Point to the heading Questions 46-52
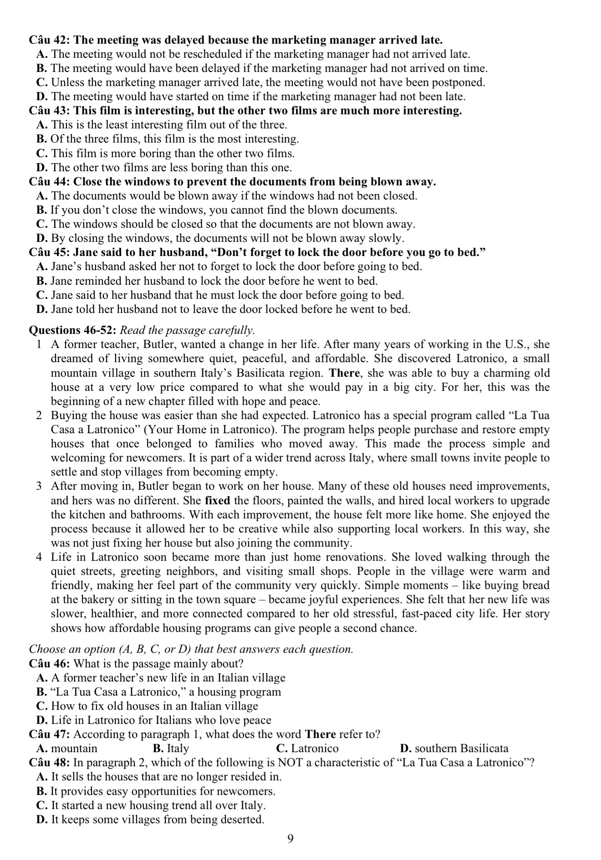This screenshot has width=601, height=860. point(73,330)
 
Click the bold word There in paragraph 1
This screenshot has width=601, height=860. point(345,373)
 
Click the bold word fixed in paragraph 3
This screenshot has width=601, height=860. point(218,501)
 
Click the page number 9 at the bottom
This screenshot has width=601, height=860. point(291,839)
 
